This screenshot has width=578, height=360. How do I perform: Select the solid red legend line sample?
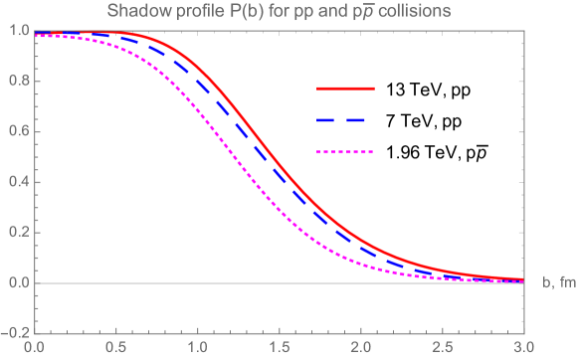pos(345,89)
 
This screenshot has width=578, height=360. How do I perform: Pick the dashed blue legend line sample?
pos(345,120)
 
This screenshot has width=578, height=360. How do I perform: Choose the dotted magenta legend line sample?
pos(345,152)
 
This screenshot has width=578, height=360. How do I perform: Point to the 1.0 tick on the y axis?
pos(18,30)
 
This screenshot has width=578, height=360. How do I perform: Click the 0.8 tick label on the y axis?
pos(18,81)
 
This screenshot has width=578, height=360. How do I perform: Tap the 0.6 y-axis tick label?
pos(18,131)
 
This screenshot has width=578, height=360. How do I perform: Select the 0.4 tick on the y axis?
pos(18,182)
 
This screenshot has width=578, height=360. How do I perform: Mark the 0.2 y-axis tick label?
pos(18,233)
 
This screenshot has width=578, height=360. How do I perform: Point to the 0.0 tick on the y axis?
pos(18,283)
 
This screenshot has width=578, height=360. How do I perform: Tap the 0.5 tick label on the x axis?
pos(115,348)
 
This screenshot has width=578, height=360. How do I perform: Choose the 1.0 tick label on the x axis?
pos(197,348)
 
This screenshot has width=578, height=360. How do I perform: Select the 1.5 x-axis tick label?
pos(279,348)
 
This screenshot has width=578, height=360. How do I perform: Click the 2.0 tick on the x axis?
pos(360,348)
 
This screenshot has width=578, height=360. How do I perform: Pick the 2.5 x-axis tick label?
pos(442,348)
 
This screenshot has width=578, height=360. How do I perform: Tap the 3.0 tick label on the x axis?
pos(523,348)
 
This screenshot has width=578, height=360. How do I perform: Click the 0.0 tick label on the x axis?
pos(34,348)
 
